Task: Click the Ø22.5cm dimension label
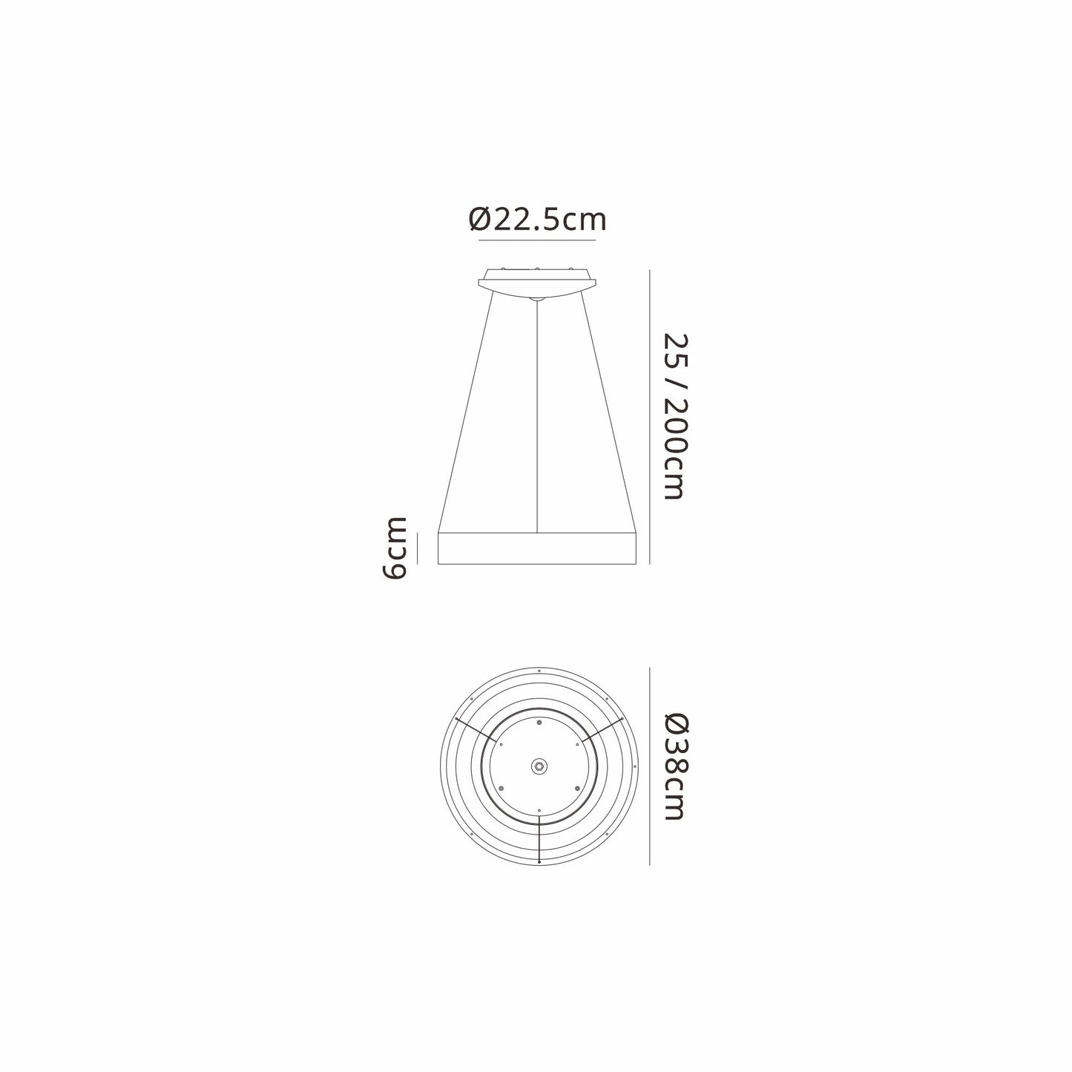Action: [537, 220]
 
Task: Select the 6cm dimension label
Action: [395, 548]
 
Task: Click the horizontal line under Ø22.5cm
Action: [537, 240]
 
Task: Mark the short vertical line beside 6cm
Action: [417, 548]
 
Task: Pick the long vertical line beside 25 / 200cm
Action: [650, 417]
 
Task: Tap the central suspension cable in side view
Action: [537, 417]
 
